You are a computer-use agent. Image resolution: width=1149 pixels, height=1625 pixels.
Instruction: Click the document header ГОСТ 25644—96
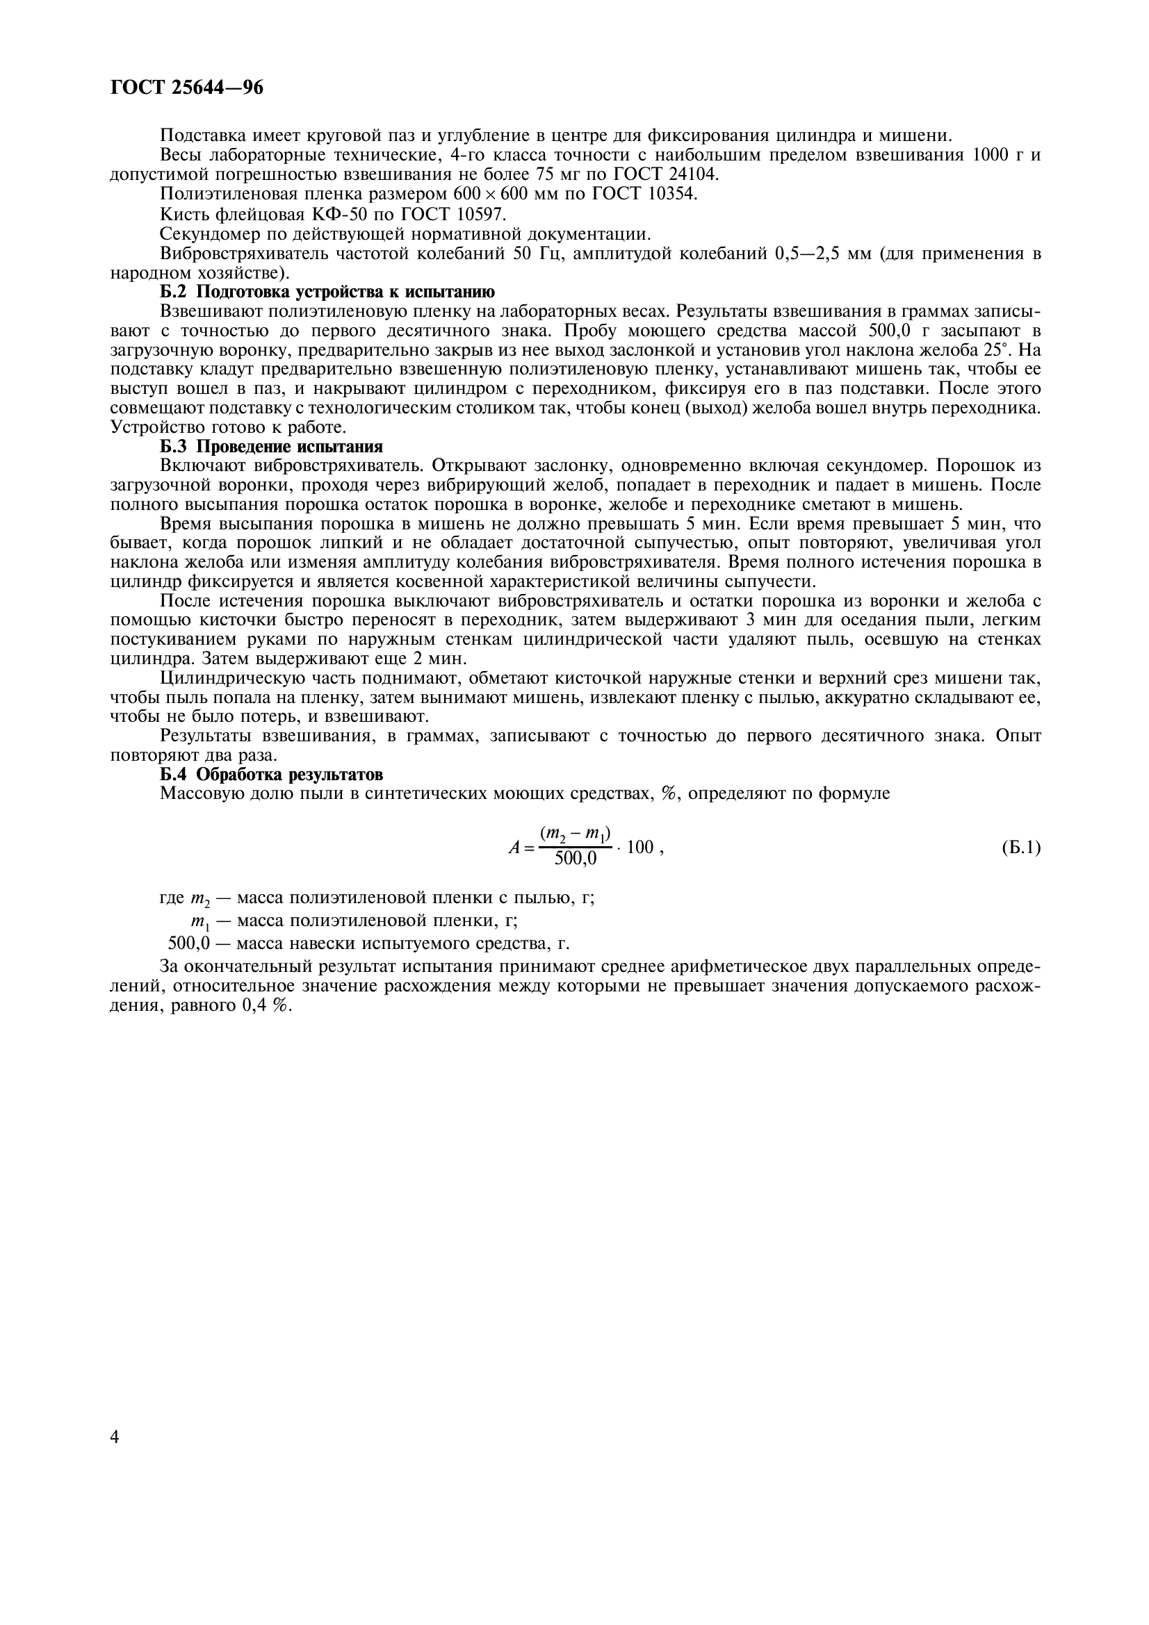tap(187, 88)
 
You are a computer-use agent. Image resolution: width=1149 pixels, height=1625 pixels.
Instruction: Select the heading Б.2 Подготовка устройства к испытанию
tap(327, 292)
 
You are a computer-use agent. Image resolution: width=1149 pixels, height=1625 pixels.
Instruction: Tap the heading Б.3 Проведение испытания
tap(271, 447)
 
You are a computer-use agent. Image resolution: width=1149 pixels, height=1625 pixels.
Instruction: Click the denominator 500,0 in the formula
tap(575, 859)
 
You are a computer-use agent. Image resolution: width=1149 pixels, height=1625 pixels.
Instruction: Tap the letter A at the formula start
tap(514, 847)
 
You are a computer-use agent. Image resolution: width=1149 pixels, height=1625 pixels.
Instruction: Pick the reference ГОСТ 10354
tap(644, 194)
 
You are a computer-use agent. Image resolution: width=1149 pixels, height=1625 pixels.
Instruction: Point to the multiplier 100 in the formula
tap(639, 847)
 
